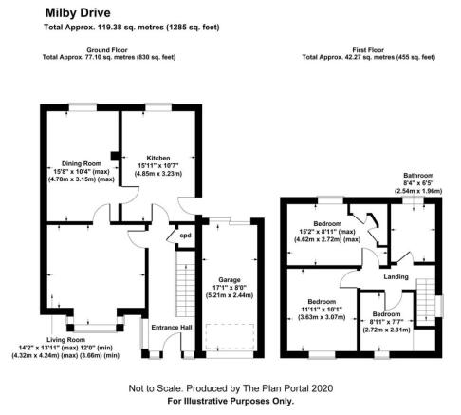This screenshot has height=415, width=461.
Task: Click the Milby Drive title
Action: [78, 13]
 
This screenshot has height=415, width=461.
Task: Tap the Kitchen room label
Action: [158, 158]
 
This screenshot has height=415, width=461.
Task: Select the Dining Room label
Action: [82, 163]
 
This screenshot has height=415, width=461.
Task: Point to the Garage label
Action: [230, 280]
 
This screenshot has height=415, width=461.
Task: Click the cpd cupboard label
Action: [185, 236]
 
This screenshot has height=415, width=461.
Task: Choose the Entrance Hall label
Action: [172, 328]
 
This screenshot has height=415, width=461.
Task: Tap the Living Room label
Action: [65, 340]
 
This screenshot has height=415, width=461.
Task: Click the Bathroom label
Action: [418, 176]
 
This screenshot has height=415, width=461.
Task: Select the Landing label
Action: [396, 277]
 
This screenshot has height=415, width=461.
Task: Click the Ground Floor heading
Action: [107, 50]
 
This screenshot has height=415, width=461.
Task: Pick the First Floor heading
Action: [368, 50]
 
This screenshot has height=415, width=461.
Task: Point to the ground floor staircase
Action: [185, 284]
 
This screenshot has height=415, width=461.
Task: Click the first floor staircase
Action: [425, 302]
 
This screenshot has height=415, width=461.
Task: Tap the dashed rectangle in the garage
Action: [230, 336]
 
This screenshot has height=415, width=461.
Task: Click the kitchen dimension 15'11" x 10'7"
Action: [158, 165]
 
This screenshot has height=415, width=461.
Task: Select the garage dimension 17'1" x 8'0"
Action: [230, 288]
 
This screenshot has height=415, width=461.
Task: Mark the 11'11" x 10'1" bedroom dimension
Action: [322, 310]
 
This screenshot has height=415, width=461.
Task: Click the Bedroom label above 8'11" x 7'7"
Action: [386, 314]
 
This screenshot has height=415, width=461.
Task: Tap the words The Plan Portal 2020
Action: [287, 388]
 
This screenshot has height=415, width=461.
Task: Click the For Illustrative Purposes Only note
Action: [230, 401]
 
